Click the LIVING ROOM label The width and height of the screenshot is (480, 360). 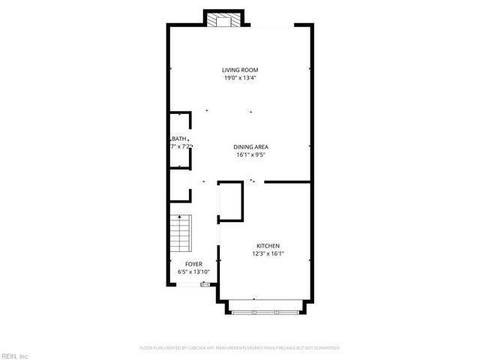click(239, 70)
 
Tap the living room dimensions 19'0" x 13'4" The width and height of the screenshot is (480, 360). click(239, 78)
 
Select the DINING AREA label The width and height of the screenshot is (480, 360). click(250, 147)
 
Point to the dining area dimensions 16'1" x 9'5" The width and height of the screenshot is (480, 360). click(250, 155)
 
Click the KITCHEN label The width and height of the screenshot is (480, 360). click(268, 246)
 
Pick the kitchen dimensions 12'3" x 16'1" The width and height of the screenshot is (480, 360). click(268, 253)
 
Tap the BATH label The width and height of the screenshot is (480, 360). click(178, 139)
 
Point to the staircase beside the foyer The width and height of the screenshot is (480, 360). click(181, 233)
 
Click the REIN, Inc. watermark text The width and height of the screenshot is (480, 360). click(14, 355)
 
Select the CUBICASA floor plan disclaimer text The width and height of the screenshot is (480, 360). click(240, 348)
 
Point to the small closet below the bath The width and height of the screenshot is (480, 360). click(180, 185)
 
